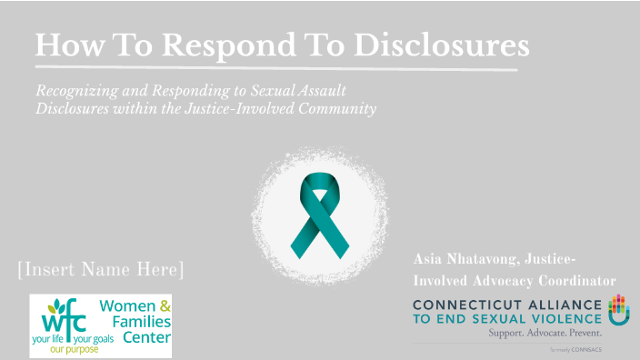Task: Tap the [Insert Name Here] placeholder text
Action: (x=100, y=270)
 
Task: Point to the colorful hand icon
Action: (x=618, y=310)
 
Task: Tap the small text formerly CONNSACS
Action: (x=576, y=349)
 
